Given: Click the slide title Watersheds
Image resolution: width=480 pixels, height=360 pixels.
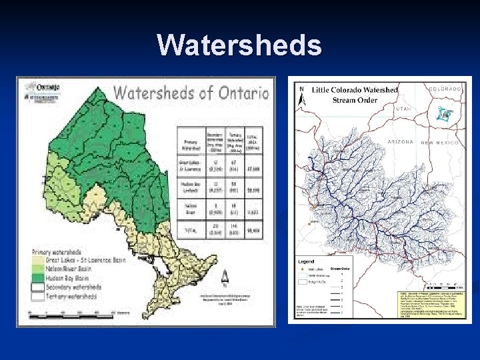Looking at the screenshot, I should [x=239, y=45].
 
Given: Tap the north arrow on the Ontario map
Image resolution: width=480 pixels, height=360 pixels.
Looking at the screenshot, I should [x=224, y=276].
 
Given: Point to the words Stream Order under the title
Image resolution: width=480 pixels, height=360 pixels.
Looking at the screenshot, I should [x=355, y=100].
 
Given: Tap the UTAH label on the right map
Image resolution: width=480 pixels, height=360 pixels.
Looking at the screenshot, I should [x=403, y=109].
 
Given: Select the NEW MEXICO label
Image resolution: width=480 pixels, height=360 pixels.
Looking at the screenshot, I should [x=440, y=143].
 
